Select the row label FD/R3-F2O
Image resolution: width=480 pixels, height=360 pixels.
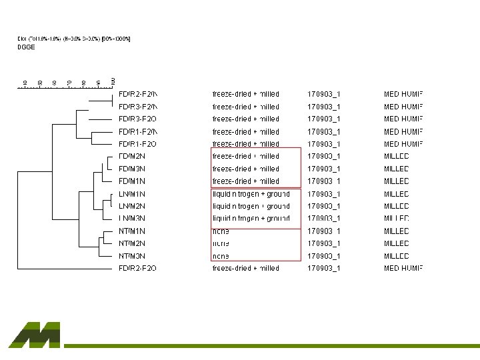coord(137,119)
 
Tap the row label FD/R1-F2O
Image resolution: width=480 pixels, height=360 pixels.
coord(137,144)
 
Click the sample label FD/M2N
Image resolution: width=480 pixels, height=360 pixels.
coord(132,157)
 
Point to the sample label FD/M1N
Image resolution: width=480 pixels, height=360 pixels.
coord(132,181)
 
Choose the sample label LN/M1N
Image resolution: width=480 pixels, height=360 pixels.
coord(132,194)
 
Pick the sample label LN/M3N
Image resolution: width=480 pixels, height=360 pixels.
coord(132,219)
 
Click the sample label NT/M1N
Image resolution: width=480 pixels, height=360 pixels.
coord(132,231)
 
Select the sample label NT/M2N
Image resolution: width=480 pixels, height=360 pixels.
coord(132,243)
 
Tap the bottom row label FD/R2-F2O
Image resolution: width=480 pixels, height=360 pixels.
coord(137,269)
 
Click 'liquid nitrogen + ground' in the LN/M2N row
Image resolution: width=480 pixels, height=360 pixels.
coord(251,207)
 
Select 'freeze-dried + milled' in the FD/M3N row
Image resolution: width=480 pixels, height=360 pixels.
coord(245,169)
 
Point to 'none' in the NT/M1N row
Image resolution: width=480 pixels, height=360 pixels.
coord(221,231)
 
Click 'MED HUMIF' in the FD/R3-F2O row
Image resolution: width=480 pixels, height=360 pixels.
coord(403,119)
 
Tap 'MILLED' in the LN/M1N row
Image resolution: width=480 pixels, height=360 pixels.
coord(397,194)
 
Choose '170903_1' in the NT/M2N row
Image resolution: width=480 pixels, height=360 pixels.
coord(324,243)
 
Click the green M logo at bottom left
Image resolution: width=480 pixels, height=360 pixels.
coord(35,335)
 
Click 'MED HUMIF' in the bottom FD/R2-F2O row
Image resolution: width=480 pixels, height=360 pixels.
coord(403,269)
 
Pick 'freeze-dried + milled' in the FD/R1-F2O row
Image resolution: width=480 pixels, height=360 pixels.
coord(245,144)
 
